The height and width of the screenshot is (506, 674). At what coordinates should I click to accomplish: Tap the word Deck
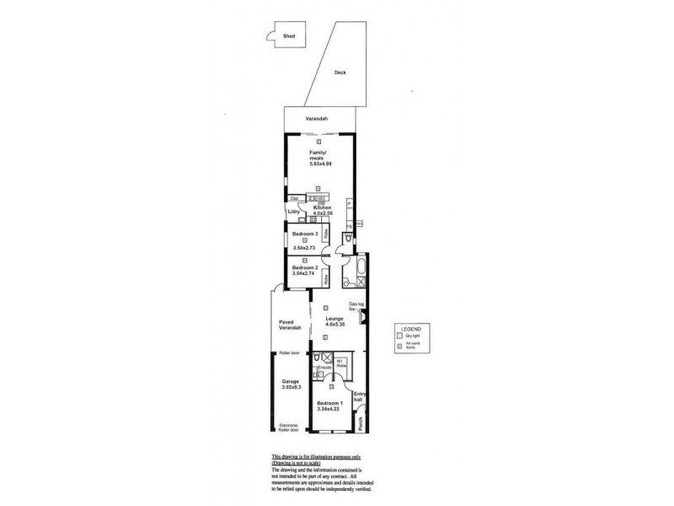[x=340, y=73]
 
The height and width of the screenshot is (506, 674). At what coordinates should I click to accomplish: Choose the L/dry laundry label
[x=294, y=212]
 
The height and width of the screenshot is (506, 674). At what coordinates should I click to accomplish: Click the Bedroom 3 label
[x=304, y=233]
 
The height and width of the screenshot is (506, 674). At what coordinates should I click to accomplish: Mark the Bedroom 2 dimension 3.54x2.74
[x=303, y=274]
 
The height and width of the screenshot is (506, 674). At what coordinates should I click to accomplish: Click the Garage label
[x=291, y=381]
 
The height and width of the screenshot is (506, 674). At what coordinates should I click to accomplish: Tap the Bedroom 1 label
[x=328, y=404]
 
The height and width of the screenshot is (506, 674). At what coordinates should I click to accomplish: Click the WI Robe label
[x=340, y=363]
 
